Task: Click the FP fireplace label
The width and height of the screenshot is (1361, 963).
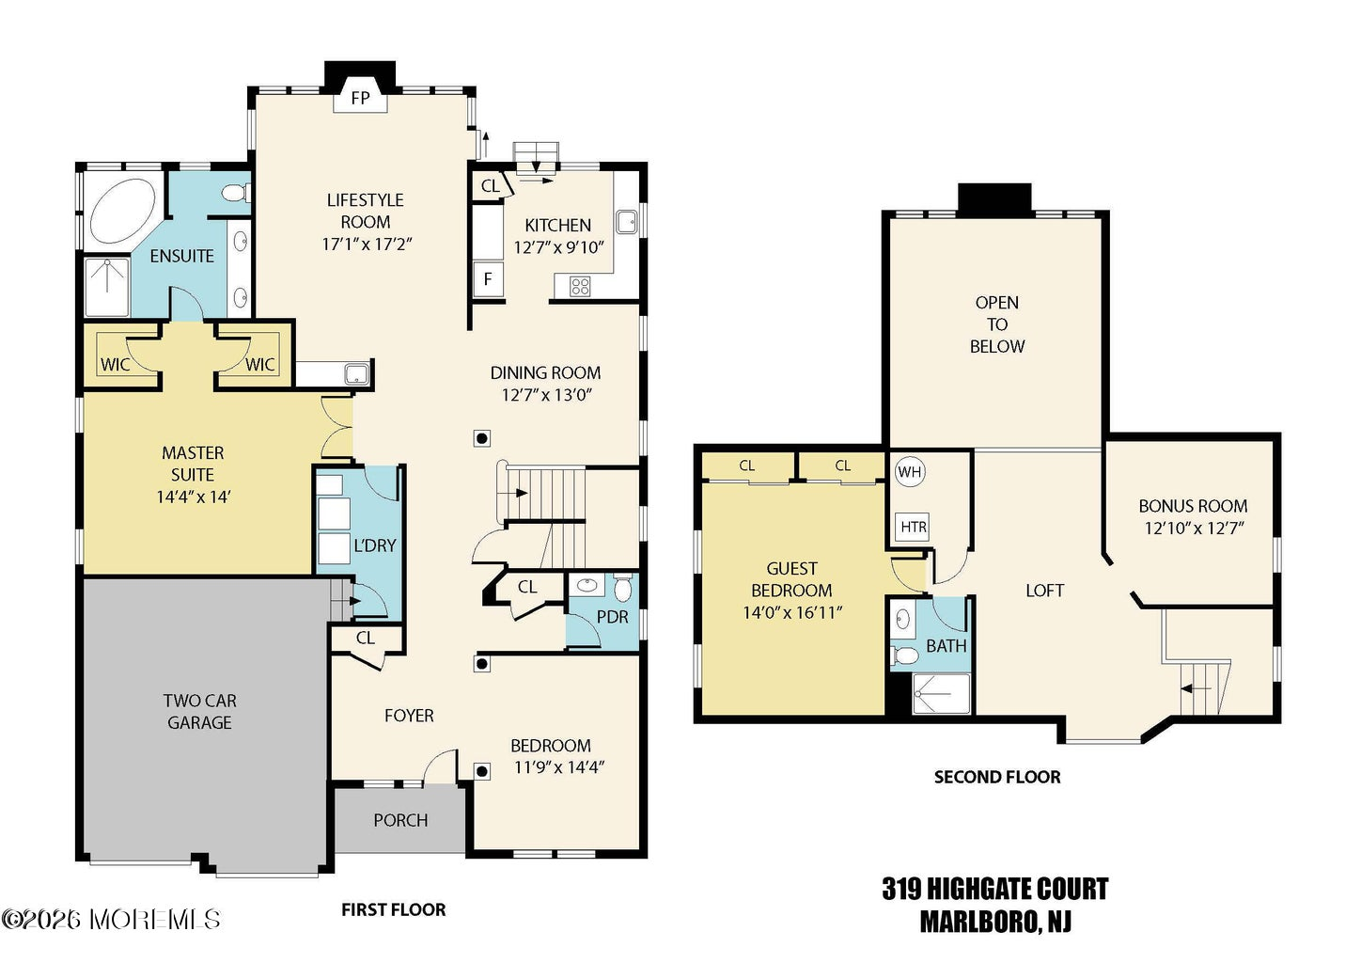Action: tap(360, 98)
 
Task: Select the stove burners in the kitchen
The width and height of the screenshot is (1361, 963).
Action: tap(580, 286)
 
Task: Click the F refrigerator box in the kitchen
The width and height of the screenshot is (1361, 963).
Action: tap(488, 279)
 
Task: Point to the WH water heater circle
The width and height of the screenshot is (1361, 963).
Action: tap(910, 472)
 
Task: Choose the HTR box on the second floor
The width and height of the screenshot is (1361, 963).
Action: tap(913, 527)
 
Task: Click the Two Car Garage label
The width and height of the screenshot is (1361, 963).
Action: tap(200, 711)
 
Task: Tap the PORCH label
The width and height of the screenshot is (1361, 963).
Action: tap(400, 820)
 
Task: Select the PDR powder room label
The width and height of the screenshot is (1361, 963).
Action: tap(612, 617)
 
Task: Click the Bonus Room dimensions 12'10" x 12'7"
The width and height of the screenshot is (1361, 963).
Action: tap(1195, 528)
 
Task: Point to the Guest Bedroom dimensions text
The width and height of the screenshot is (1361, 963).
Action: tap(792, 612)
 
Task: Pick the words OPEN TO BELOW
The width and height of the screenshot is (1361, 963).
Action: tap(997, 324)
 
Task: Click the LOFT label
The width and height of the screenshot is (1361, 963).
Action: tap(1044, 591)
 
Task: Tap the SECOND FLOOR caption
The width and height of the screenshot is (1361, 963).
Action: tap(997, 777)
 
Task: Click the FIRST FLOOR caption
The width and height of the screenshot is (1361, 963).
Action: tap(393, 909)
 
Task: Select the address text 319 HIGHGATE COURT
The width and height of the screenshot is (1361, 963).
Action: tap(995, 889)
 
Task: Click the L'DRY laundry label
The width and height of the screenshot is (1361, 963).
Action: tap(374, 545)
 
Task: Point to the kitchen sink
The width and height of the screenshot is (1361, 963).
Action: tap(626, 222)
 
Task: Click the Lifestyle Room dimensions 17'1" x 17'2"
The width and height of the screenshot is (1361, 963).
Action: tap(367, 245)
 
